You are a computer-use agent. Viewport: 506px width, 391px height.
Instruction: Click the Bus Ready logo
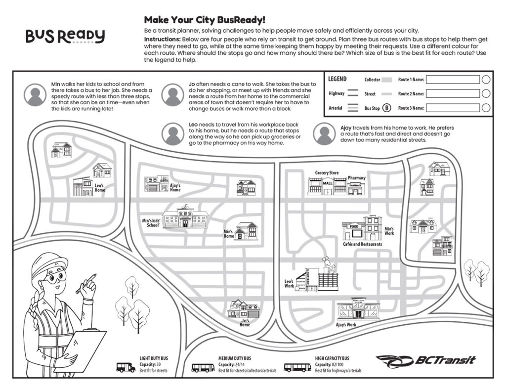coord(65,36)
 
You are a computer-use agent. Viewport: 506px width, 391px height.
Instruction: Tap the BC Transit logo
coord(425,360)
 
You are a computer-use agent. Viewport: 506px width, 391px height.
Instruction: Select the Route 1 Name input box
coord(453,80)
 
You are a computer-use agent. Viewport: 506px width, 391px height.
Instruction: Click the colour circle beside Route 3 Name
coord(486,108)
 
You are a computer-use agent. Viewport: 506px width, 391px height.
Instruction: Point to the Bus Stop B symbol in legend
coord(387,108)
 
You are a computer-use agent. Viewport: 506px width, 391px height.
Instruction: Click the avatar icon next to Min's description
coord(35,94)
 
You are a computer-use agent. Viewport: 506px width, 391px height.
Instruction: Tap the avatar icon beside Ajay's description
coord(324,133)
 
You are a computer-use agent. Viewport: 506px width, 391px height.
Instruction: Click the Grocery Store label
coord(327,173)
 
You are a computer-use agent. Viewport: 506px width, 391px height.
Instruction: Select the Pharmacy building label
coord(356,177)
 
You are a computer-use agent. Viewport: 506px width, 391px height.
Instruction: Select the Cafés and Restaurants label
coord(362,245)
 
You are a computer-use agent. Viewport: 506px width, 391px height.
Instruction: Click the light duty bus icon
coord(126,367)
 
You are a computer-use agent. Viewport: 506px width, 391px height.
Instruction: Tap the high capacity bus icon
coord(297,367)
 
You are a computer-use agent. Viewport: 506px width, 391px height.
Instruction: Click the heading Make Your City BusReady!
coord(205,20)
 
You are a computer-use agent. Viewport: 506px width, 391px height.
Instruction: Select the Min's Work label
coord(389,231)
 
